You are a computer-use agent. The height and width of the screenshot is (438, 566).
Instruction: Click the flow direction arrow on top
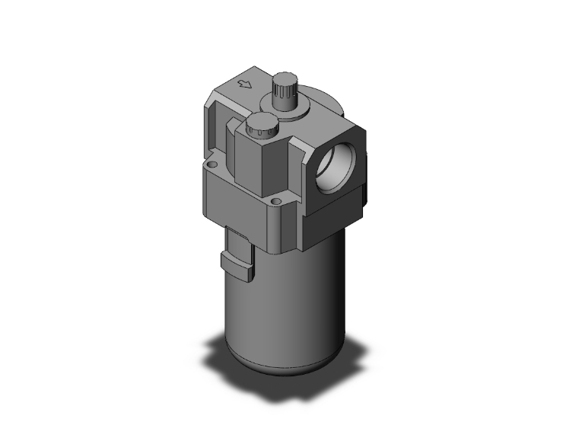click(244, 84)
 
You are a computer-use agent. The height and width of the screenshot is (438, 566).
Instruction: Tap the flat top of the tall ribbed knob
click(285, 77)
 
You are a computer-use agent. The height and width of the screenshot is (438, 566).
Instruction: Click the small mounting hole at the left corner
click(213, 164)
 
